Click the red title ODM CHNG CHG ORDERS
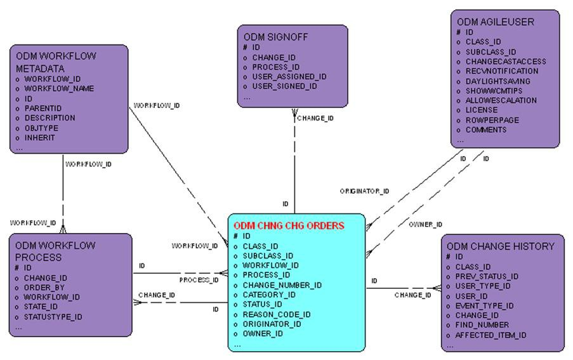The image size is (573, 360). (x=289, y=225)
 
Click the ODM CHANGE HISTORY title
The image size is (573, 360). (x=500, y=246)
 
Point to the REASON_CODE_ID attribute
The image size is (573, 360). (x=277, y=314)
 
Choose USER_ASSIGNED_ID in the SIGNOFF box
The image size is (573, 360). (x=289, y=76)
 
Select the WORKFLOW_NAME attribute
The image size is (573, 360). (x=59, y=88)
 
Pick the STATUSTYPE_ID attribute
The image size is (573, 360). (x=53, y=316)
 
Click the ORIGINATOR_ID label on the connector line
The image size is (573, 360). (x=364, y=190)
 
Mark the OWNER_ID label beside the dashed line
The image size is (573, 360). (x=425, y=224)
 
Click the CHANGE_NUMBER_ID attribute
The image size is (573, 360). (x=282, y=285)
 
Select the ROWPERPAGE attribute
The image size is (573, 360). (x=492, y=119)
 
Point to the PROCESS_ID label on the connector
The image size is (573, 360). (x=199, y=279)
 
